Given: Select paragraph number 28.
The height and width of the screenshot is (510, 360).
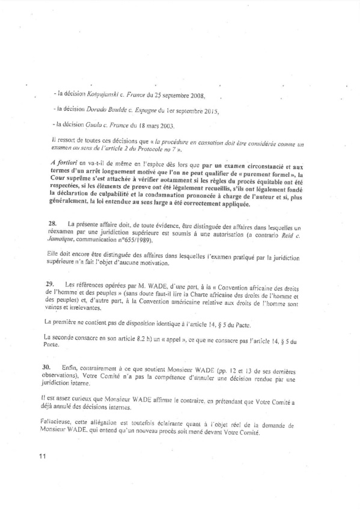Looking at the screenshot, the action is pos(52,223).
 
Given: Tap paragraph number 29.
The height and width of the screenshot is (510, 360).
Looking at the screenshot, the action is pos(52,283).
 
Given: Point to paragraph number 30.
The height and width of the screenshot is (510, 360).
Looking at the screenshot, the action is pos(53,366).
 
